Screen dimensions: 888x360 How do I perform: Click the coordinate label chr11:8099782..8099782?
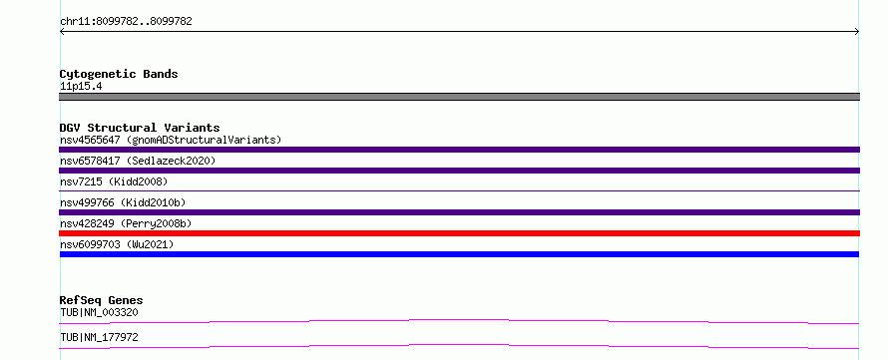pyautogui.click(x=126, y=22)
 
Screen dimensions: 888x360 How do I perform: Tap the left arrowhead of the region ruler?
pyautogui.click(x=61, y=32)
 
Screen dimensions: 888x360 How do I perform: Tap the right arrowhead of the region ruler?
pyautogui.click(x=858, y=32)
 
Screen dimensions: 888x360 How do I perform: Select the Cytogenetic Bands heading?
pyautogui.click(x=119, y=74)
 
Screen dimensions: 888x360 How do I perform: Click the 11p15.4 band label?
pyautogui.click(x=81, y=87)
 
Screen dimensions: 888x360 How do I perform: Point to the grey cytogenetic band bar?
pyautogui.click(x=459, y=97)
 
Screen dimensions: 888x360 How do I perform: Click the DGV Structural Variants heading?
pyautogui.click(x=140, y=128)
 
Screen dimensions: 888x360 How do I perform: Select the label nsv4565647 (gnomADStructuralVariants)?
pyautogui.click(x=171, y=140)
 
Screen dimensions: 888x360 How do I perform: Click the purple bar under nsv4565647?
pyautogui.click(x=459, y=150)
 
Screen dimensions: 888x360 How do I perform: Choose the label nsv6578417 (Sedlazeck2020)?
pyautogui.click(x=138, y=161)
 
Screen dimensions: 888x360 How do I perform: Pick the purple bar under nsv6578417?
pyautogui.click(x=459, y=171)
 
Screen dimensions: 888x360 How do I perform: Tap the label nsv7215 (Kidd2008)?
pyautogui.click(x=114, y=181)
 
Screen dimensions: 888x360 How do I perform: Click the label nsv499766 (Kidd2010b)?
pyautogui.click(x=123, y=202)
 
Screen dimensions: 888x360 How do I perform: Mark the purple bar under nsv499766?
pyautogui.click(x=459, y=212)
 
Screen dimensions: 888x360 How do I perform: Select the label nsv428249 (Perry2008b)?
pyautogui.click(x=126, y=223)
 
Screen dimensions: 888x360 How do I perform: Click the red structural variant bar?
pyautogui.click(x=459, y=233)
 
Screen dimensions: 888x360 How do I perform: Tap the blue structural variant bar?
pyautogui.click(x=459, y=254)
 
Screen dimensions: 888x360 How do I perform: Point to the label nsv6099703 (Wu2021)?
pyautogui.click(x=117, y=244)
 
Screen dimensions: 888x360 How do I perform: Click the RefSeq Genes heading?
pyautogui.click(x=102, y=300)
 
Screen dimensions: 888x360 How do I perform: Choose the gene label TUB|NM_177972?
pyautogui.click(x=99, y=337)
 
